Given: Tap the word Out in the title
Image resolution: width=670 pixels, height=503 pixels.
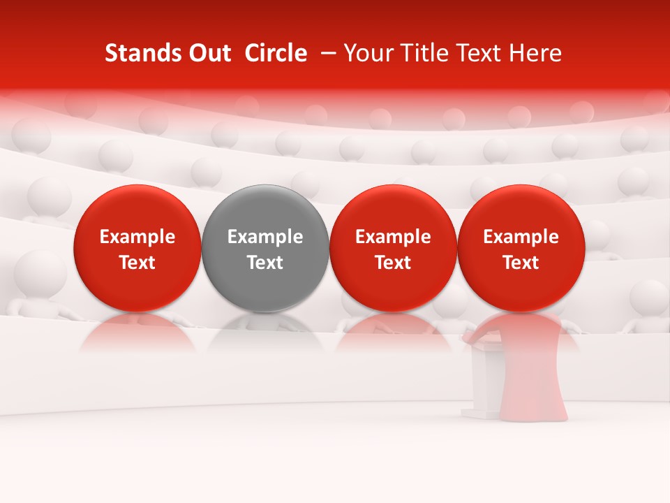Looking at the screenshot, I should click(207, 53).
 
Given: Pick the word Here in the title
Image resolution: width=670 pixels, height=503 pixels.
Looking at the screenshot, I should click(537, 53).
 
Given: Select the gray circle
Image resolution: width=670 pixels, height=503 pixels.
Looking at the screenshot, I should click(265, 248).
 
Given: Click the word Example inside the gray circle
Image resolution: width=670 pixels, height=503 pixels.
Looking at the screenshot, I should click(265, 237).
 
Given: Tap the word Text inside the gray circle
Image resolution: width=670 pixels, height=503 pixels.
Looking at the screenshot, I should click(265, 263).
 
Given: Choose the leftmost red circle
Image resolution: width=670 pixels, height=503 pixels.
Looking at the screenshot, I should click(137, 248).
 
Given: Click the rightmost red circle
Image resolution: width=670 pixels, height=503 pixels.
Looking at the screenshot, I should click(521, 248).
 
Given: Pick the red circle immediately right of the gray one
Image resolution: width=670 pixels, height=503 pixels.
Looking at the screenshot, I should click(393, 248).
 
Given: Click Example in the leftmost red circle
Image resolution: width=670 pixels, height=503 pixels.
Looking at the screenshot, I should click(137, 237).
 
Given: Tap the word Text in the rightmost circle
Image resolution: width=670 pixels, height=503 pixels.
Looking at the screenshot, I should click(521, 263).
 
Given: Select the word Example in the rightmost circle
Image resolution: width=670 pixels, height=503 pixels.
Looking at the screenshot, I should click(521, 237).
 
